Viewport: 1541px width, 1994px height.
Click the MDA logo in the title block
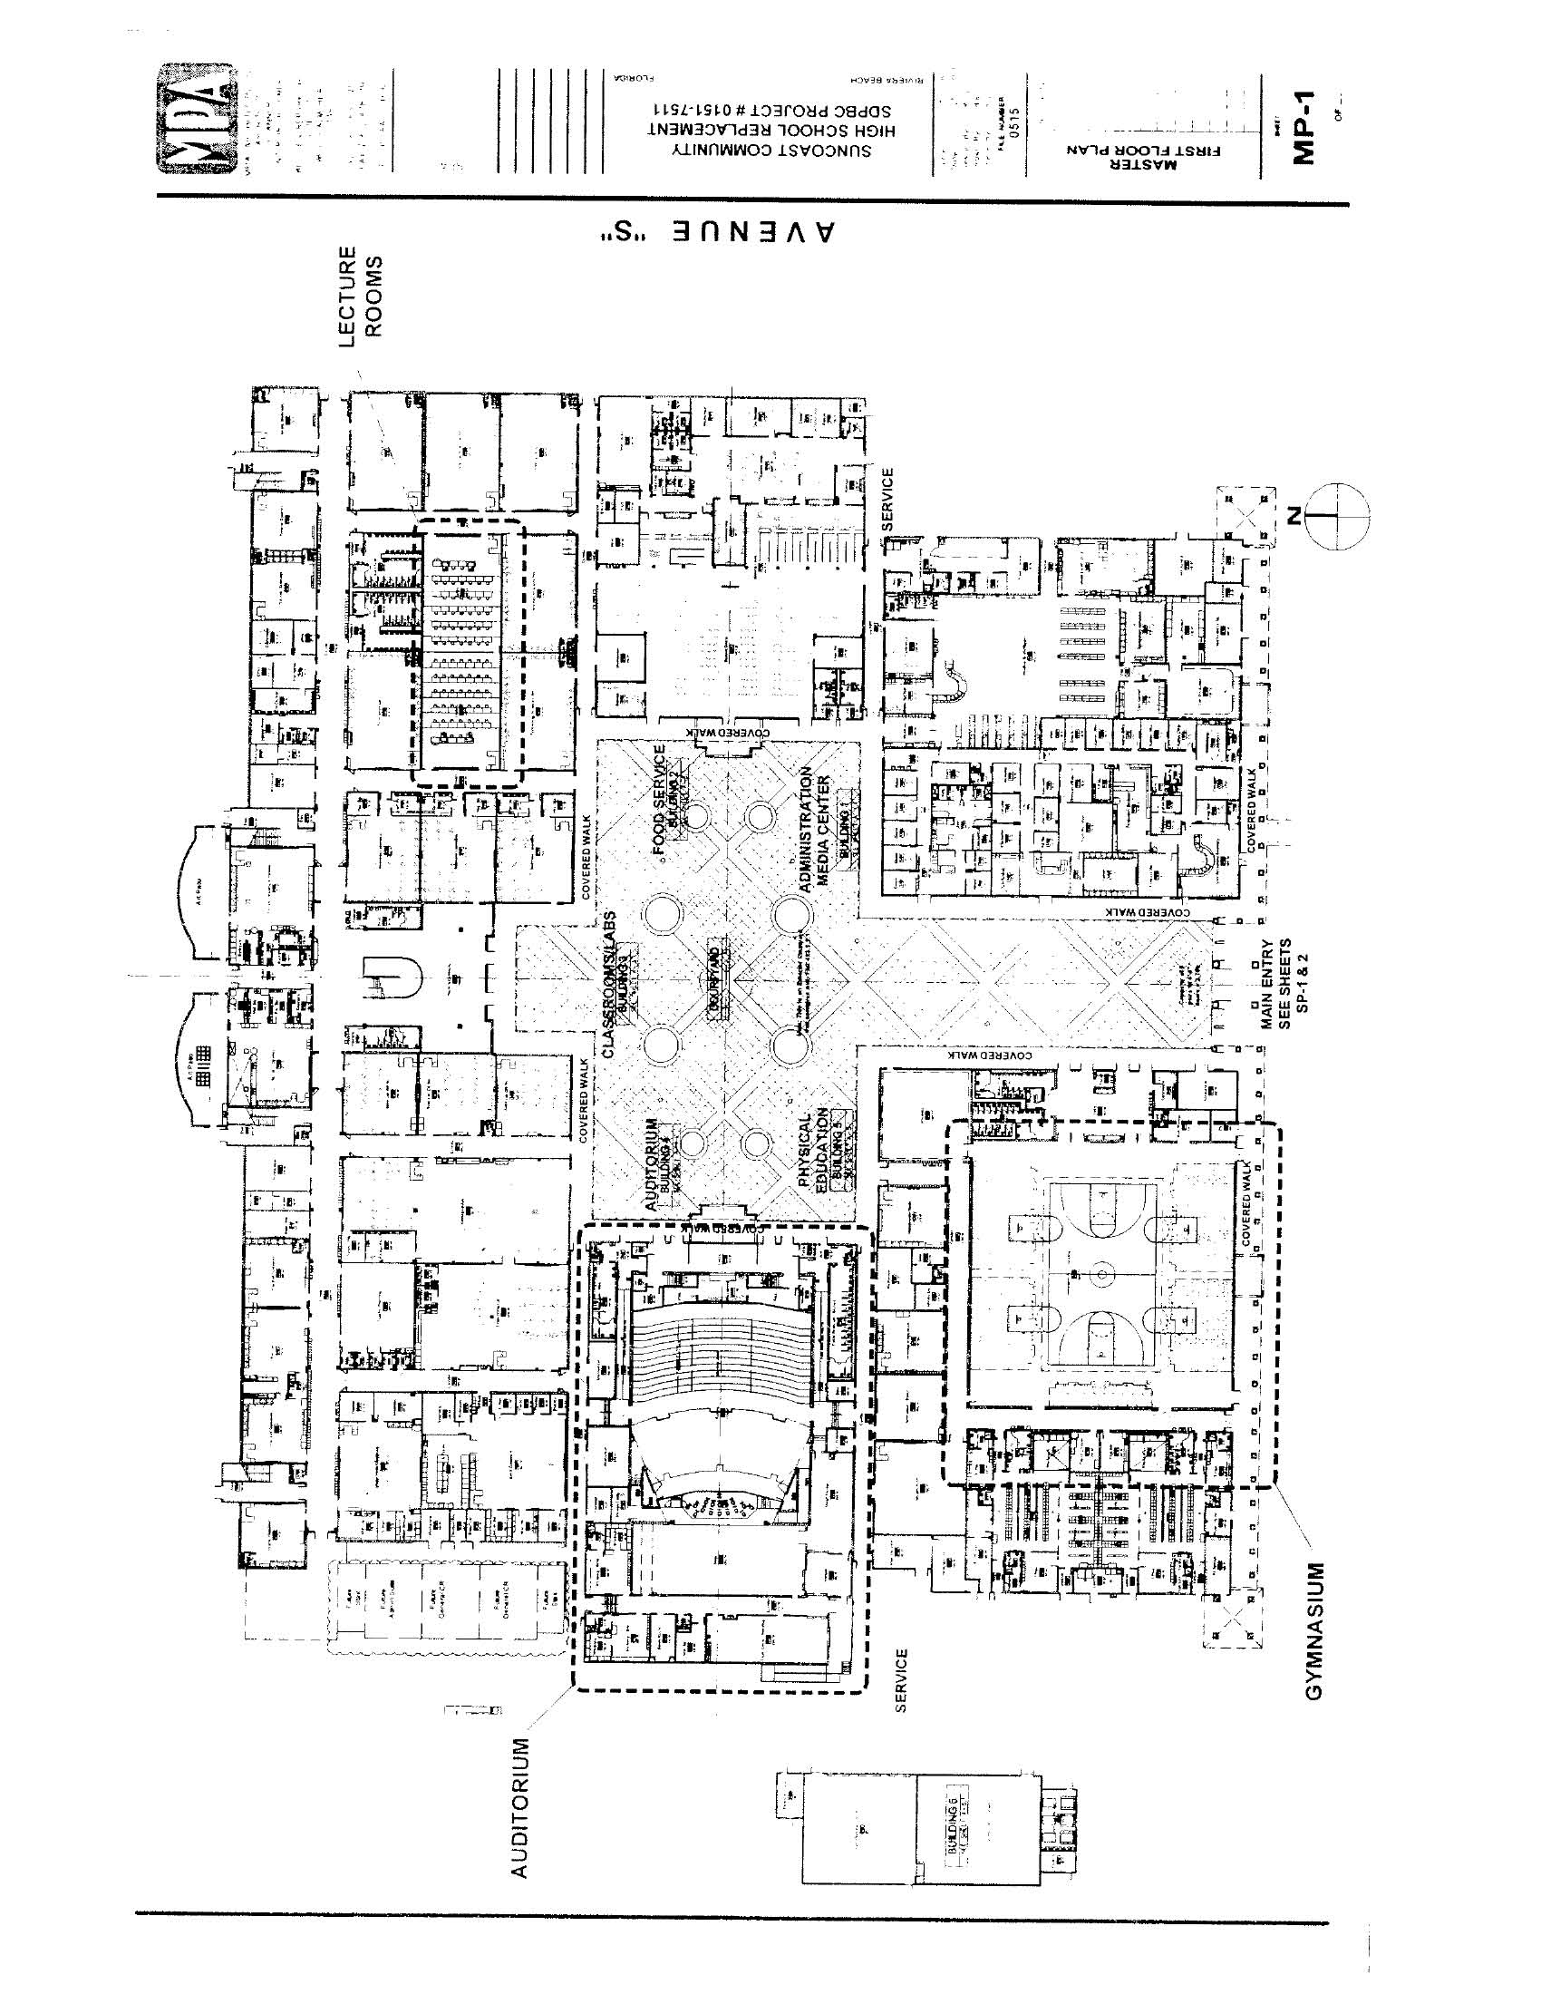[x=196, y=118]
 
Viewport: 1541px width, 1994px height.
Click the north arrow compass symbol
[x=1337, y=517]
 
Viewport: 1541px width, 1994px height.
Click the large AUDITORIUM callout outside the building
[x=519, y=1808]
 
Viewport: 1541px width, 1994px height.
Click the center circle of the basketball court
[x=1101, y=1274]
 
